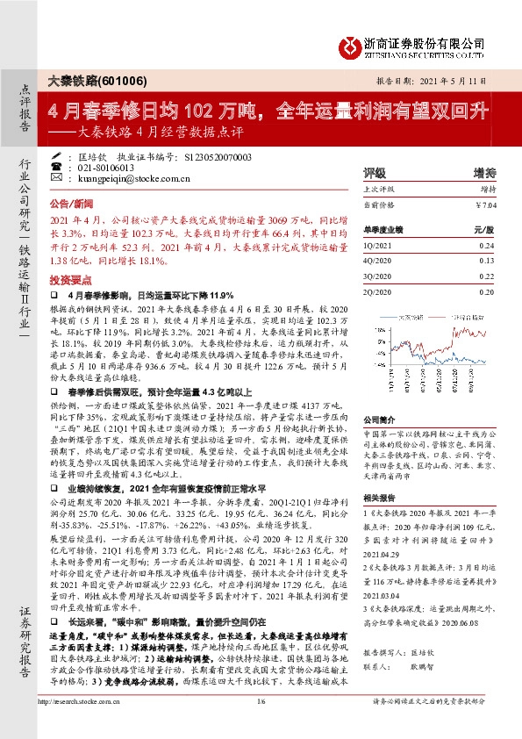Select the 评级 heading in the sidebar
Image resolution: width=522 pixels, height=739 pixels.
click(375, 173)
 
